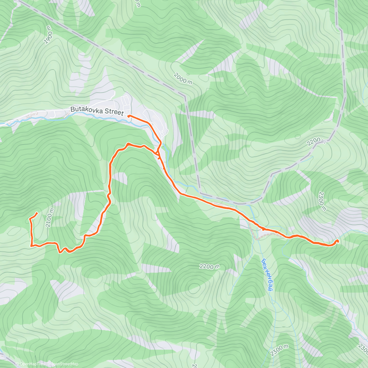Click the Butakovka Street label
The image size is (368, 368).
97,111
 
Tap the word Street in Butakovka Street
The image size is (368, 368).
114,112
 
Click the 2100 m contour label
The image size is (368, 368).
50,218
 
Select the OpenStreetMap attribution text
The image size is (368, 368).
64,364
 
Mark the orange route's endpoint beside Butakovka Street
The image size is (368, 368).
128,116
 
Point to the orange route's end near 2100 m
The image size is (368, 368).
37,213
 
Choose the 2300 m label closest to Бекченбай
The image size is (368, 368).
279,350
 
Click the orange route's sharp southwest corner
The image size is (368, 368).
31,246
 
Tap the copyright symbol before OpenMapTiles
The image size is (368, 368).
17,364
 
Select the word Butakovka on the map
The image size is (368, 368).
87,109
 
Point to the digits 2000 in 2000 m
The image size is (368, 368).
180,77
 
